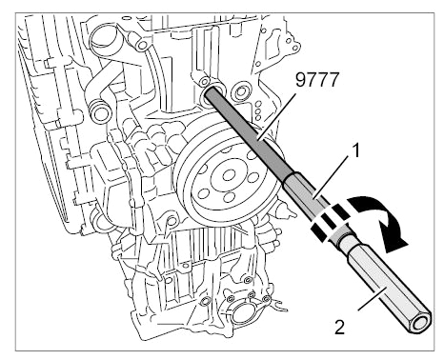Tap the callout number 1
pyautogui.click(x=356, y=150)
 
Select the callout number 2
pyautogui.click(x=339, y=327)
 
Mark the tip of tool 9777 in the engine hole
pyautogui.click(x=209, y=92)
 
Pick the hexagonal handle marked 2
pyautogui.click(x=390, y=287)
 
